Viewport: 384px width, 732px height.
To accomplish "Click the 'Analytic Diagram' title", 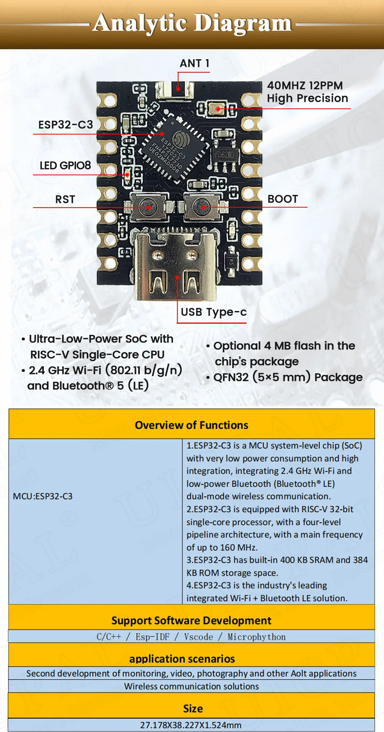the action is pyautogui.click(x=192, y=23).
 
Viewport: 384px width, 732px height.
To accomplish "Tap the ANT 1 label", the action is pyautogui.click(x=195, y=63).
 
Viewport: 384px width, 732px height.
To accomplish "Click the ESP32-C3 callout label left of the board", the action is pyautogui.click(x=66, y=125).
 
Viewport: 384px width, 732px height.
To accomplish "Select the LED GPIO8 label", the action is pyautogui.click(x=65, y=166).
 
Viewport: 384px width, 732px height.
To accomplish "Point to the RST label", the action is pyautogui.click(x=65, y=200).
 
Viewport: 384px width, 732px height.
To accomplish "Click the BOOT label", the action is pyautogui.click(x=283, y=199).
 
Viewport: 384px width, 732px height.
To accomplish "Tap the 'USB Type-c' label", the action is pyautogui.click(x=214, y=312).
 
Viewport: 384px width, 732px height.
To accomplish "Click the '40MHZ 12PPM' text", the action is pyautogui.click(x=305, y=85).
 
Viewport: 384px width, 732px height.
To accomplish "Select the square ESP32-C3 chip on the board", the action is pyautogui.click(x=175, y=148).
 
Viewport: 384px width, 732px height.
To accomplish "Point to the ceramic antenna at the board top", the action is pyautogui.click(x=175, y=90).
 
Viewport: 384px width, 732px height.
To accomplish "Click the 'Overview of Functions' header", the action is pyautogui.click(x=192, y=425).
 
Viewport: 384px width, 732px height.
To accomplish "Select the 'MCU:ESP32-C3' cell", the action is pyautogui.click(x=43, y=496).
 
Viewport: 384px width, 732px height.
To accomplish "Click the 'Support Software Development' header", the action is pyautogui.click(x=191, y=621).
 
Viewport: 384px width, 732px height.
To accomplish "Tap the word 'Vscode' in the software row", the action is pyautogui.click(x=198, y=637).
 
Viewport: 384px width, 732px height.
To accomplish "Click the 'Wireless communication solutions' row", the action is pyautogui.click(x=191, y=686).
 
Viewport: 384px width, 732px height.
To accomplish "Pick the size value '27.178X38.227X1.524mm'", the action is pyautogui.click(x=191, y=725).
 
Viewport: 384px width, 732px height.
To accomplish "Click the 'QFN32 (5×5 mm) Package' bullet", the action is pyautogui.click(x=288, y=377).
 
